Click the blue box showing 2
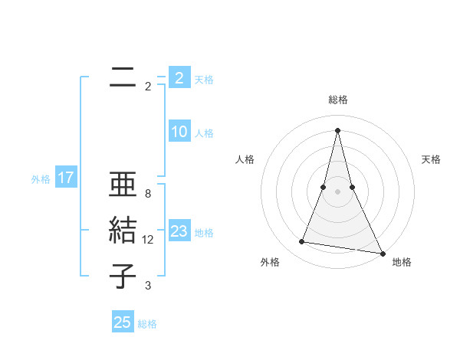point(179,78)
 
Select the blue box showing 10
point(179,132)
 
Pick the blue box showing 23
point(179,231)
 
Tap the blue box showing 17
point(65,178)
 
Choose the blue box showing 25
point(122,322)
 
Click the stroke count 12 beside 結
point(148,240)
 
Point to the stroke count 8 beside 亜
point(148,194)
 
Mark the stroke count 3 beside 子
point(148,286)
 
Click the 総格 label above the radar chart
point(337,100)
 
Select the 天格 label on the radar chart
point(431,159)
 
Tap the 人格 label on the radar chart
point(245,159)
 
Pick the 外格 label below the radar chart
point(270,262)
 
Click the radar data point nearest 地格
point(383,254)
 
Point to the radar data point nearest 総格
point(337,129)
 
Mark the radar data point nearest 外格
point(302,242)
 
